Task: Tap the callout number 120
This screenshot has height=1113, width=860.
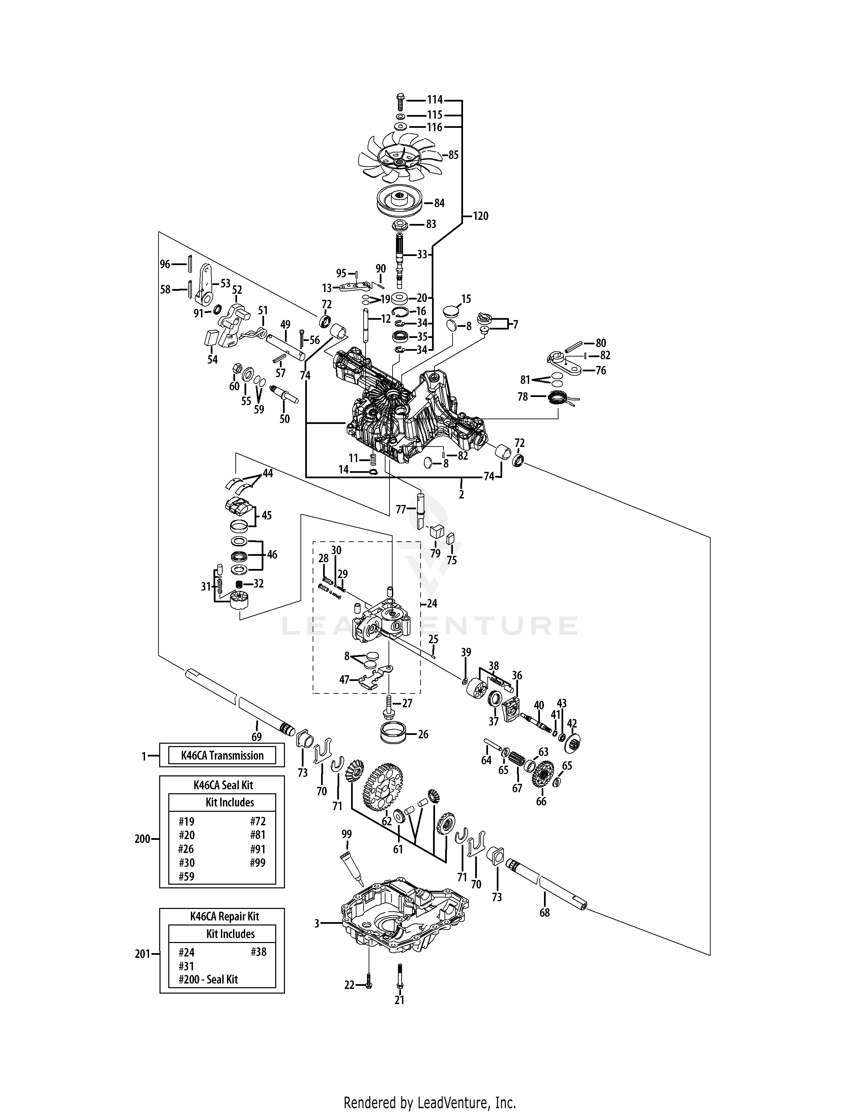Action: (x=480, y=216)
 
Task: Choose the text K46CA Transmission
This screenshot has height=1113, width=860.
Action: (x=222, y=755)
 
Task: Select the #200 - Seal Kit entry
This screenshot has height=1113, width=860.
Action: (x=208, y=979)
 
